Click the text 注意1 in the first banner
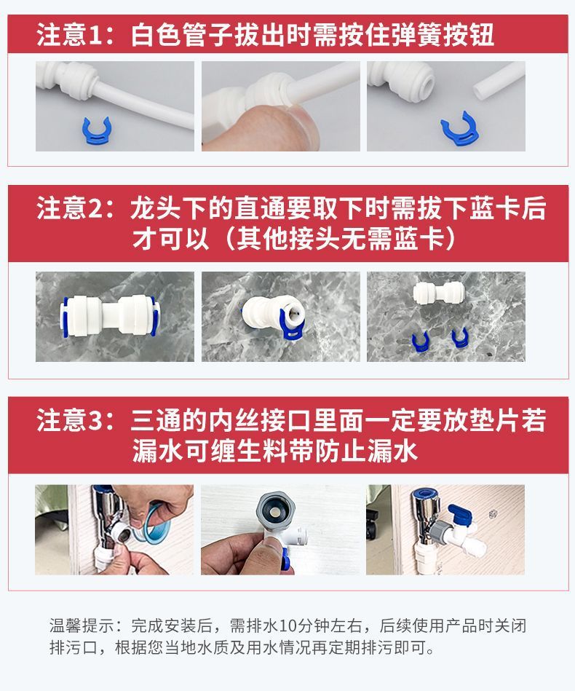[x=70, y=35]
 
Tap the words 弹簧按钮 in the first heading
[x=443, y=35]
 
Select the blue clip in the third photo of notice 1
[x=454, y=126]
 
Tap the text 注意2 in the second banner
[x=71, y=209]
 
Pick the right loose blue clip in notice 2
[x=459, y=336]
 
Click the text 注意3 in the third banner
[x=71, y=421]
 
